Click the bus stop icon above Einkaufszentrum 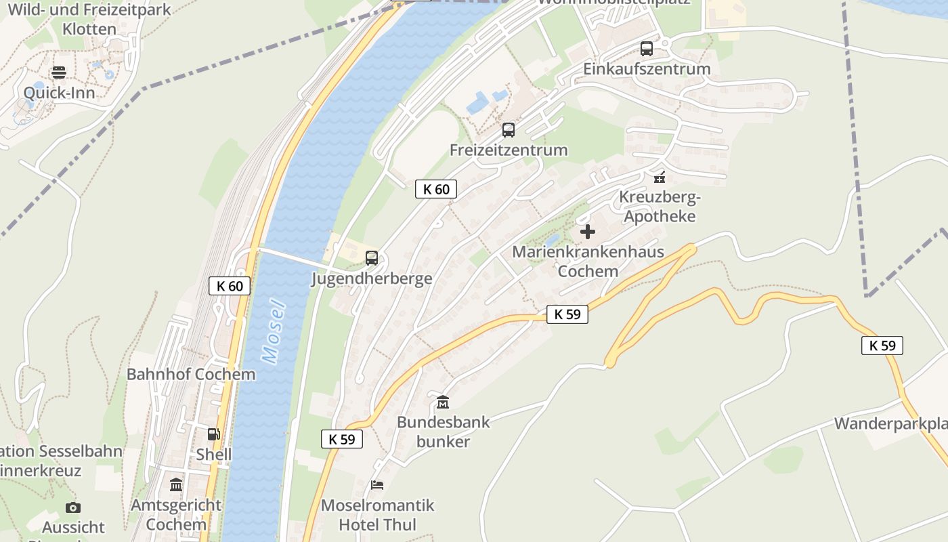[x=647, y=49]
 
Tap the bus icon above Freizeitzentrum [x=509, y=130]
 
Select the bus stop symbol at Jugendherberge [x=372, y=258]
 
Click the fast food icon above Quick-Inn [x=59, y=72]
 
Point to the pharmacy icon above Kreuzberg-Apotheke [x=660, y=178]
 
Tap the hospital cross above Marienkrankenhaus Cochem [x=588, y=232]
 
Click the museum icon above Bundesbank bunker [x=443, y=402]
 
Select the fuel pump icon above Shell [x=213, y=434]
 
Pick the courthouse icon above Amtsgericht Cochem [x=176, y=484]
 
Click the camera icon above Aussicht [x=73, y=507]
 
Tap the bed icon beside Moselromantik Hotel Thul [x=377, y=485]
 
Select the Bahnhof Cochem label [x=191, y=374]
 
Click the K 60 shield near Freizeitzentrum [x=436, y=189]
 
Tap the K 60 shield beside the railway [x=230, y=286]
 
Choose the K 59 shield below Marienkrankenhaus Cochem [x=567, y=314]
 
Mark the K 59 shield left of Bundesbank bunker [x=342, y=439]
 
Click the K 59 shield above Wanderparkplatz [x=882, y=346]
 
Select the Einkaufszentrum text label [x=647, y=69]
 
